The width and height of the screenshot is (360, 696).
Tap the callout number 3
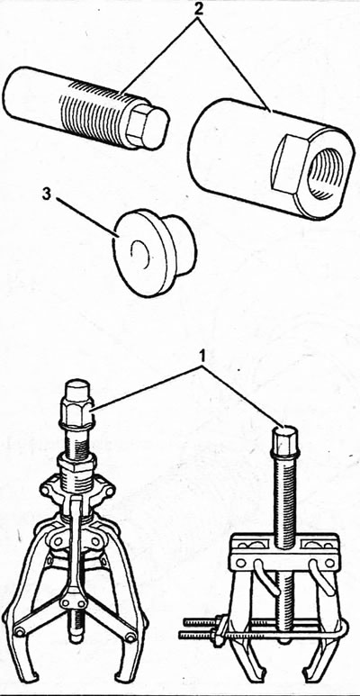[x=47, y=194]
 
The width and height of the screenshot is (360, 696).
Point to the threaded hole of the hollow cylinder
[x=326, y=170]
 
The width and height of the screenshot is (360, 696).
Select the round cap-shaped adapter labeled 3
[x=154, y=253]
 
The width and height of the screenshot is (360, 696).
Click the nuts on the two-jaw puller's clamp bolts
[x=219, y=628]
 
